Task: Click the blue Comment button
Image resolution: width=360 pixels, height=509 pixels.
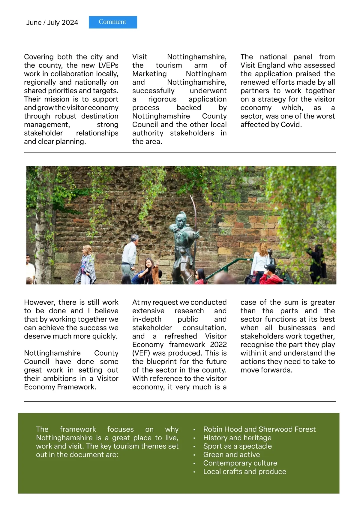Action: coord(113,22)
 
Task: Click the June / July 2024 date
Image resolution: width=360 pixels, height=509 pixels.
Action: coord(52,23)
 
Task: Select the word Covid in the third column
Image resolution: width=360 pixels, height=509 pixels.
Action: coord(291,125)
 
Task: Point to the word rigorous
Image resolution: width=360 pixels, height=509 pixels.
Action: coord(162,99)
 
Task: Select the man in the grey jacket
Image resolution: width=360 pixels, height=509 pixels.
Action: coord(130,255)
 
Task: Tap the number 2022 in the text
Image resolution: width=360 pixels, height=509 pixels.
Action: coord(218,345)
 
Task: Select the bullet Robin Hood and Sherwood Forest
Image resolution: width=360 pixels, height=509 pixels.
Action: coord(259,429)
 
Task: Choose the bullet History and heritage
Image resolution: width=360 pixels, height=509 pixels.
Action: coord(237,438)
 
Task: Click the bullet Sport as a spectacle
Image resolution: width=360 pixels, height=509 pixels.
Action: coord(237,446)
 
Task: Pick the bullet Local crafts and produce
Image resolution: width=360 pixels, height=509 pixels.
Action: coord(244,471)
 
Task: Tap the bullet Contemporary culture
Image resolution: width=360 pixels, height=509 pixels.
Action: coord(240,463)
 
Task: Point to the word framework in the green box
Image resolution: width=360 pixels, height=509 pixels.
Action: coord(78,429)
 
